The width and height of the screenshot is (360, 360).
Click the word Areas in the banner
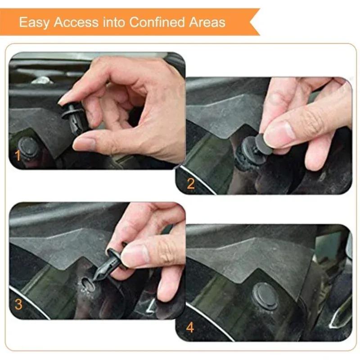click(207, 22)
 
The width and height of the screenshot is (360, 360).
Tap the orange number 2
click(191, 183)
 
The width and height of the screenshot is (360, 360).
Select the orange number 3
click(18, 304)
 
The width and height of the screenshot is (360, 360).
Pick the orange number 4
click(190, 327)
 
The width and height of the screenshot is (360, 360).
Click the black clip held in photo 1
click(74, 116)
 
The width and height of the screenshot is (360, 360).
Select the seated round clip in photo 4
click(265, 295)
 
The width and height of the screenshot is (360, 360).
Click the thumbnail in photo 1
click(85, 143)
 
